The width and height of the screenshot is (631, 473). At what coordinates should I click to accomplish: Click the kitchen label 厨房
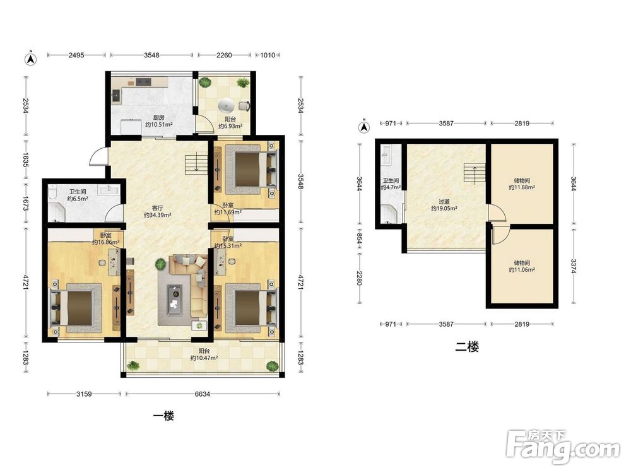[159, 118]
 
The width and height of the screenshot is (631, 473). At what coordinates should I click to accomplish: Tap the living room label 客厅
[157, 208]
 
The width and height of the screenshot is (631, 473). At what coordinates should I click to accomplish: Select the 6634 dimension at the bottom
[203, 394]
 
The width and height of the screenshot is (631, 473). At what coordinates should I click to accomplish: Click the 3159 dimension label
[84, 394]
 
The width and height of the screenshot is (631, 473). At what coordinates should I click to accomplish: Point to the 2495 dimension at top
[76, 55]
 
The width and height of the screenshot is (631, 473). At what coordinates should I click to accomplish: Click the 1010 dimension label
[268, 55]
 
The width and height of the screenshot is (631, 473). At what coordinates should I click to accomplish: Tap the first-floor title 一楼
[164, 416]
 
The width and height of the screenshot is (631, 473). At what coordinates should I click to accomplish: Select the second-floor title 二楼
[467, 347]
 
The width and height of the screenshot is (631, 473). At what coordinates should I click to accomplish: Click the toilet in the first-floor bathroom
[51, 195]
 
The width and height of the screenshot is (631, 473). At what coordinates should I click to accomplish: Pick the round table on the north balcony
[226, 105]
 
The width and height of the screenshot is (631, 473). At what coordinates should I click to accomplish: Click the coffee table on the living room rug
[175, 300]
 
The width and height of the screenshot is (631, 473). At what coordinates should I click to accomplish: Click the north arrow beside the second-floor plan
[364, 127]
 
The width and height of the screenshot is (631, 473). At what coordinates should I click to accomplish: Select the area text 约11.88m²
[522, 187]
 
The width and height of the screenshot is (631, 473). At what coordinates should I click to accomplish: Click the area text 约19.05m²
[444, 209]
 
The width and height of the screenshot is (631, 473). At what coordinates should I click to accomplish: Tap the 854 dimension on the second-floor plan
[360, 240]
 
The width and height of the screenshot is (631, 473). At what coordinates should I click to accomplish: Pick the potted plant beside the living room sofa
[160, 264]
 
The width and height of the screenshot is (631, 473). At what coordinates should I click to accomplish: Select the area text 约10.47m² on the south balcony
[204, 358]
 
